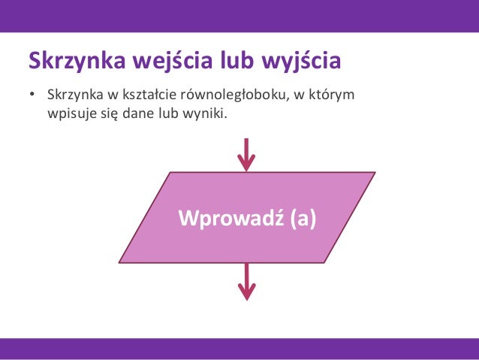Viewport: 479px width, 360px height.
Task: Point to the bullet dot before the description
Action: click(x=32, y=97)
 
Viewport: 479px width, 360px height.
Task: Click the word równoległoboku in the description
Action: click(x=243, y=97)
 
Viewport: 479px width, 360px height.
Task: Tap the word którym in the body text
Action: click(x=335, y=97)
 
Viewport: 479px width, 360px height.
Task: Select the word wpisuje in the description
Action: click(x=70, y=115)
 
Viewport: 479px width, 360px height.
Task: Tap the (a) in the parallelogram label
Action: click(x=298, y=218)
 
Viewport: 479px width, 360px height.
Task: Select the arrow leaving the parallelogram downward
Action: click(x=246, y=281)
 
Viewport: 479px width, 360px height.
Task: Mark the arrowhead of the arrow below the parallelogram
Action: click(x=246, y=293)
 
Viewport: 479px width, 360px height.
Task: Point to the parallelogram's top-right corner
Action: click(x=373, y=173)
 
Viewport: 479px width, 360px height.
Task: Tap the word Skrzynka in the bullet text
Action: click(x=71, y=97)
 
